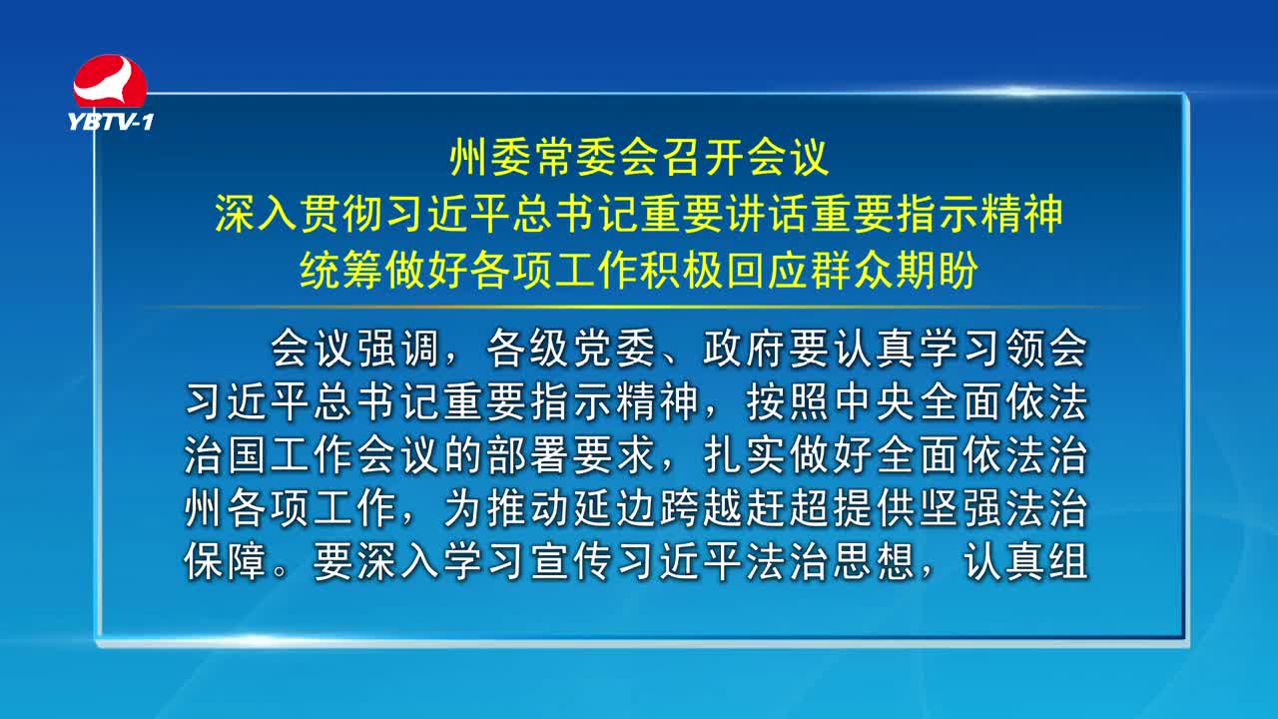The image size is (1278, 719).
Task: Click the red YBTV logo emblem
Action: click(110, 81)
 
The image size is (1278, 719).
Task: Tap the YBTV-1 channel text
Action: click(111, 122)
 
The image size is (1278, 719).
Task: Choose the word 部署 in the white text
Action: click(526, 456)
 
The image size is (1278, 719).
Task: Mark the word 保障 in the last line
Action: click(226, 563)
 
